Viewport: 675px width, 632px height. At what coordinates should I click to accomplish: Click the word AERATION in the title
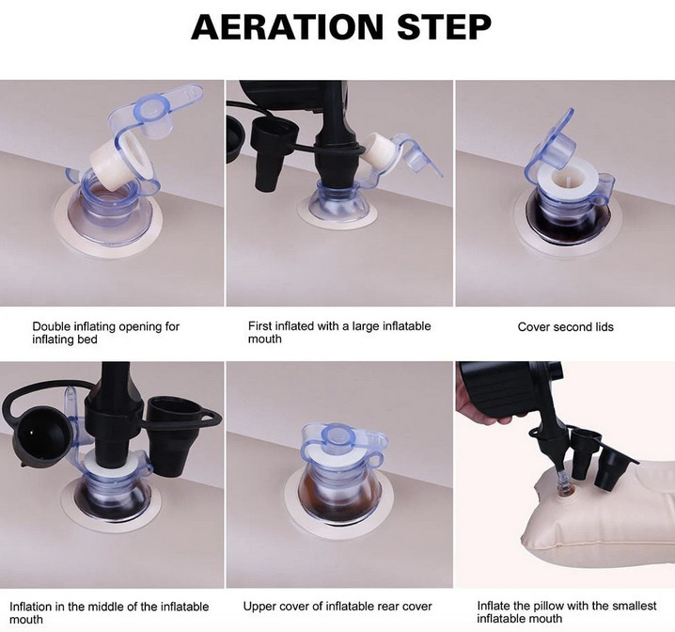(287, 26)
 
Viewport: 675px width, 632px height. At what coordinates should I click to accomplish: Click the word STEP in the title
(444, 26)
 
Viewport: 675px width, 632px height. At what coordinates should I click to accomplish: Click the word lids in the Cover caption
(604, 326)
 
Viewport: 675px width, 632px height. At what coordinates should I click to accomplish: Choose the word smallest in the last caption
(633, 606)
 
